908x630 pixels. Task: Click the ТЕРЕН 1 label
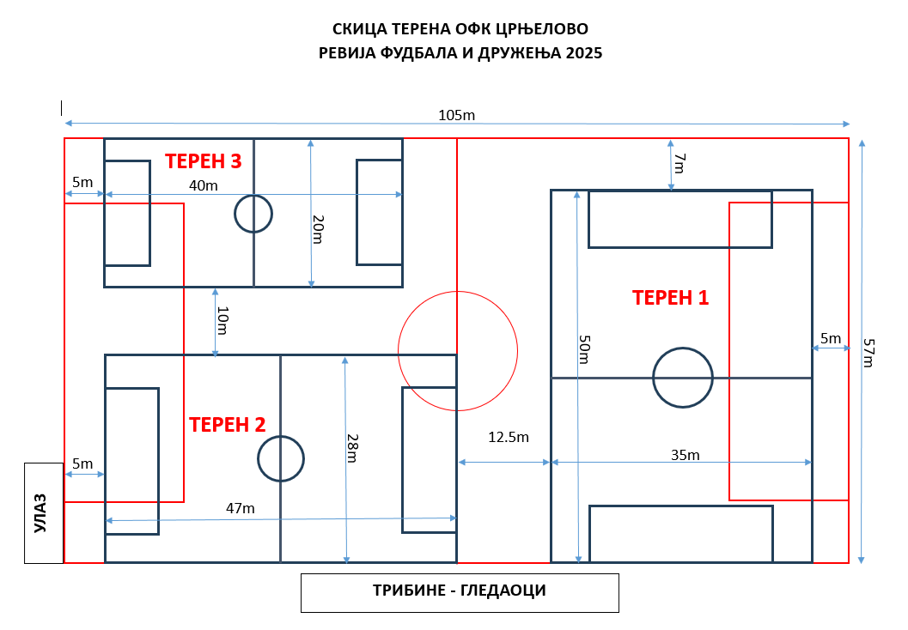point(670,297)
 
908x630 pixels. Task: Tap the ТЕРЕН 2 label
point(227,425)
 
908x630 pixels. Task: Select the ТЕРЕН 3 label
point(204,161)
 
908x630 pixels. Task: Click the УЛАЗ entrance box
point(44,513)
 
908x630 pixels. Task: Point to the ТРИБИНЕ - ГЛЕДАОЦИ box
point(460,593)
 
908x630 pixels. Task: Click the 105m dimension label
point(456,115)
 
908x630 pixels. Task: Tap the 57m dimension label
point(869,353)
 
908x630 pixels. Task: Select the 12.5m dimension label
point(509,437)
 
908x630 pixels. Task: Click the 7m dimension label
point(679,163)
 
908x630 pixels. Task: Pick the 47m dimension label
point(241,508)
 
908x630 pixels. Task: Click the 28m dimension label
point(352,448)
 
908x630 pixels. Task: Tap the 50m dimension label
point(584,348)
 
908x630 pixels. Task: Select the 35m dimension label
point(685,455)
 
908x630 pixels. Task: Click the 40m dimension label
point(204,185)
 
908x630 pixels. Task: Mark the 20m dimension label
point(318,229)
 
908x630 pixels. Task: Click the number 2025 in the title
point(584,52)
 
